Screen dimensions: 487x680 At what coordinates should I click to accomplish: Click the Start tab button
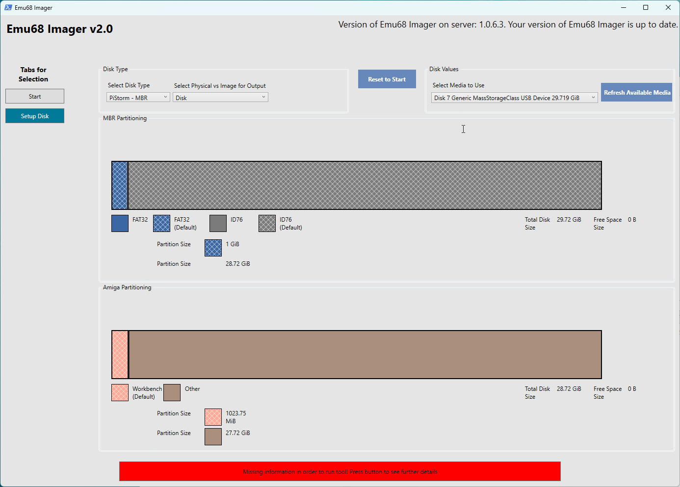point(35,96)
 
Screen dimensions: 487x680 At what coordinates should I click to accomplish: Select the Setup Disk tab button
point(35,116)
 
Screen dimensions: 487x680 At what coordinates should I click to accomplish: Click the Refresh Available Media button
point(636,92)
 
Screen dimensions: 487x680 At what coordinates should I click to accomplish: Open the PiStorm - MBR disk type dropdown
point(138,98)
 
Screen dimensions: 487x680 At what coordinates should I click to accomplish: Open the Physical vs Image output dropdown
point(220,98)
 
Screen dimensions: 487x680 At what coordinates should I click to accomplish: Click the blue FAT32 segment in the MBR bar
point(120,185)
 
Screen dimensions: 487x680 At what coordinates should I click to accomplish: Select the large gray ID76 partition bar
point(365,185)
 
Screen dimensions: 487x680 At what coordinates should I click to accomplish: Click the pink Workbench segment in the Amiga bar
point(120,355)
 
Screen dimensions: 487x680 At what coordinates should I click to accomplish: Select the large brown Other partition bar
point(365,355)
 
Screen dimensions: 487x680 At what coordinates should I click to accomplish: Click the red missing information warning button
point(340,471)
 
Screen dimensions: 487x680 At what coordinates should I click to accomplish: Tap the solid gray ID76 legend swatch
point(218,223)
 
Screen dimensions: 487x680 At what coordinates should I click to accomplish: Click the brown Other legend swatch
point(172,392)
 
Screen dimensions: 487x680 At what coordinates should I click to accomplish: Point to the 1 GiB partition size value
point(233,244)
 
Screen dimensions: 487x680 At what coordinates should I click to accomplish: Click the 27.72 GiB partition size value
point(238,433)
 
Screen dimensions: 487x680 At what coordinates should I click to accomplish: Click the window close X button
point(668,7)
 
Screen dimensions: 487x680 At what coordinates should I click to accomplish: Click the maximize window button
point(646,7)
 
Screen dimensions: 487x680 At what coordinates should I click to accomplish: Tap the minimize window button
point(624,7)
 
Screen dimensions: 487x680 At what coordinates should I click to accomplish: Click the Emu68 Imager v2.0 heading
point(60,29)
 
